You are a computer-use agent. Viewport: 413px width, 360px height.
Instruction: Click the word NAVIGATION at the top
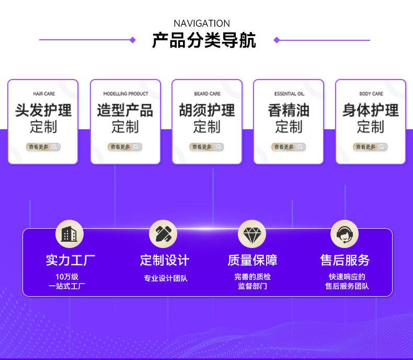[x=201, y=24]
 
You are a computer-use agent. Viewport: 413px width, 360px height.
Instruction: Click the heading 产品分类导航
[x=204, y=40]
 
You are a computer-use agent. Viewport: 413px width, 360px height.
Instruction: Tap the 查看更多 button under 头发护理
[x=43, y=147]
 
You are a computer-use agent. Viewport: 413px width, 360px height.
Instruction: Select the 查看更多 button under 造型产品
[x=125, y=147]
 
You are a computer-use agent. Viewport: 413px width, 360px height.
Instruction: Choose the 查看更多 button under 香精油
[x=289, y=147]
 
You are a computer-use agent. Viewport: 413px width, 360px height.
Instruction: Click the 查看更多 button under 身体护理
[x=370, y=147]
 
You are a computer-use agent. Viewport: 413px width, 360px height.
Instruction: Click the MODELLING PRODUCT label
[x=125, y=94]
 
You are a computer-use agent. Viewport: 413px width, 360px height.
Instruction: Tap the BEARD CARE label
[x=207, y=94]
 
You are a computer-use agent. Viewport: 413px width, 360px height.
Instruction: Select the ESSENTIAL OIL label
[x=289, y=94]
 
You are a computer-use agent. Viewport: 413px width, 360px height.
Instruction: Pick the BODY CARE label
[x=371, y=94]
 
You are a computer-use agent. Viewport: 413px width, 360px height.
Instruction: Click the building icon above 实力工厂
[x=69, y=234]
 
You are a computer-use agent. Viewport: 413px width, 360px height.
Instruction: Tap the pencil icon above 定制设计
[x=163, y=234]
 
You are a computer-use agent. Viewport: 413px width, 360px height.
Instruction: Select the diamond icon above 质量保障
[x=251, y=234]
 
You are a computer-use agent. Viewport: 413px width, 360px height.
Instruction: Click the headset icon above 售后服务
[x=344, y=234]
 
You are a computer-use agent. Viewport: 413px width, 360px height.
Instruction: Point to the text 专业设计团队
[x=165, y=278]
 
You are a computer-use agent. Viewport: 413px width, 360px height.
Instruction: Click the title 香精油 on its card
[x=289, y=110]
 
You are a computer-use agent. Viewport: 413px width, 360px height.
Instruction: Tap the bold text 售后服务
[x=345, y=260]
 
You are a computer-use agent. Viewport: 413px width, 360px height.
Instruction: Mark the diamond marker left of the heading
[x=133, y=40]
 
